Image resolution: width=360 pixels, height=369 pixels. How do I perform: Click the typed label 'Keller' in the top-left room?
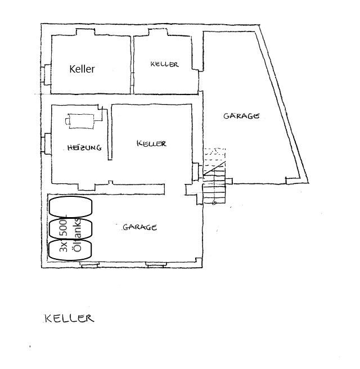82,69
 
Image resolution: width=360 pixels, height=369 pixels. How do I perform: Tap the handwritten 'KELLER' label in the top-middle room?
165,65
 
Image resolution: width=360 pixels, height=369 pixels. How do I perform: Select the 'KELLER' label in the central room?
151,143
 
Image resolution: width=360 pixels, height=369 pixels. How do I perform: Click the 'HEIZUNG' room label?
84,148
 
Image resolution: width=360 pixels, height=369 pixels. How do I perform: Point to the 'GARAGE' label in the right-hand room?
241,116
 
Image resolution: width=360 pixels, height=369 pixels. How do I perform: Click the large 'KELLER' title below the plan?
69,318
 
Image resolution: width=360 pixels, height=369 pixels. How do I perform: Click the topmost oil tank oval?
70,206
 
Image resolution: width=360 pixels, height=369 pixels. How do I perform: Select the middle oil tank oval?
70,228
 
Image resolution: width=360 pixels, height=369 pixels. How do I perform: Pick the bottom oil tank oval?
70,249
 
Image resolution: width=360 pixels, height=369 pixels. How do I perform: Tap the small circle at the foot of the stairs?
214,202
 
